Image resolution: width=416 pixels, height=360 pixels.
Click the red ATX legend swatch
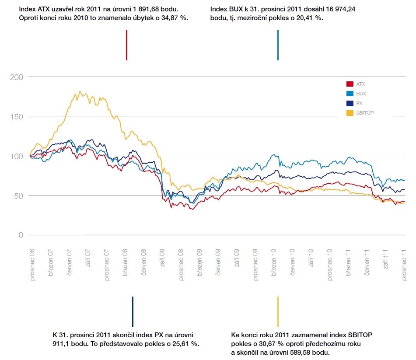350,84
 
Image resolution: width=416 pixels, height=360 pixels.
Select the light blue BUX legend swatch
350,94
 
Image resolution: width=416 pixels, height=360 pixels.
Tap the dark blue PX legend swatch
350,104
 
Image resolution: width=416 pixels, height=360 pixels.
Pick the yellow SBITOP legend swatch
350,113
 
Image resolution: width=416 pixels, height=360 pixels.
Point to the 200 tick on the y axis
17,77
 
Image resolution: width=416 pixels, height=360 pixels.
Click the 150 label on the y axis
17,117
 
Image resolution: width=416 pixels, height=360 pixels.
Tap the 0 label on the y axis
21,235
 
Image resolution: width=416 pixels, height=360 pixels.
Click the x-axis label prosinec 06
32,265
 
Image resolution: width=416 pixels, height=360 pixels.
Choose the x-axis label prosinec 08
181,265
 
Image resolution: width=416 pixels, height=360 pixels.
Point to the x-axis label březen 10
274,262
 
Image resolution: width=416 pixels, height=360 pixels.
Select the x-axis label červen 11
367,262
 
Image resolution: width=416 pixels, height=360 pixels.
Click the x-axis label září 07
88,258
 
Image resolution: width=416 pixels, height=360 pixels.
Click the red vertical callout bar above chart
126,45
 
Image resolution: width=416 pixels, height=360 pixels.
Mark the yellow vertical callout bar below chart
278,311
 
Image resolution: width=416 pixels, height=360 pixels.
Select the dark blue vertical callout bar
133,311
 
